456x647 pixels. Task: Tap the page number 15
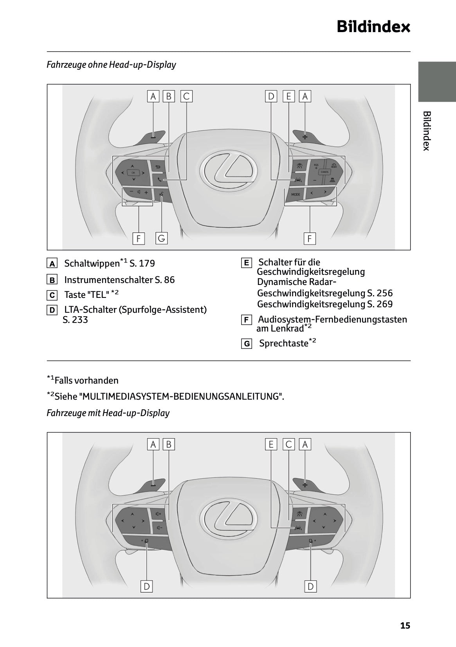click(x=405, y=625)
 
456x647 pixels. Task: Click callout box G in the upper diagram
click(x=161, y=238)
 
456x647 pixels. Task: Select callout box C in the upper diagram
click(x=186, y=96)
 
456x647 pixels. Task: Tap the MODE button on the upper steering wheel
click(x=296, y=194)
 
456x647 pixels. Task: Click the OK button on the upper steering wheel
click(x=133, y=173)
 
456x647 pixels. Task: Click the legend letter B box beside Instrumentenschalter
click(x=52, y=280)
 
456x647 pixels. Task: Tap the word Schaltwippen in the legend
click(x=92, y=263)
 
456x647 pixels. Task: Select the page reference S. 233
click(x=75, y=320)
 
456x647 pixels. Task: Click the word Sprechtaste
click(x=283, y=344)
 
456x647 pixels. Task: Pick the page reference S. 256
click(x=380, y=293)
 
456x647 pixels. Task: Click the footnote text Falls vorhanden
click(x=87, y=380)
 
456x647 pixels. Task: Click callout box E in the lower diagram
click(x=271, y=444)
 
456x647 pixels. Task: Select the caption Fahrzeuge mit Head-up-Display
click(x=108, y=413)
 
